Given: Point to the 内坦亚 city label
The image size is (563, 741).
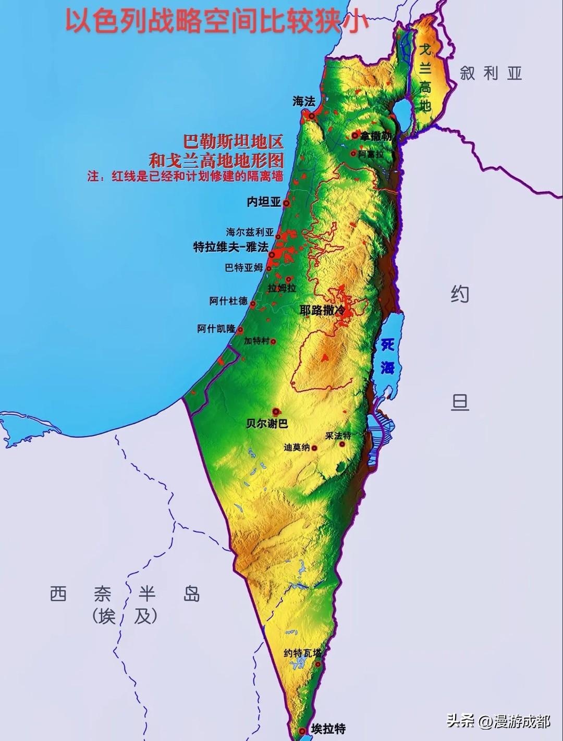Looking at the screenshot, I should tap(264, 202).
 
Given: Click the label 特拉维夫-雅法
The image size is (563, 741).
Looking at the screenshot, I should tap(230, 248).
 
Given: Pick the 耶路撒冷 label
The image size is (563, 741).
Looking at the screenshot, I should tap(322, 310).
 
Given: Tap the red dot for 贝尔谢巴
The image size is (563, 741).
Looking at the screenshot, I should tap(276, 411).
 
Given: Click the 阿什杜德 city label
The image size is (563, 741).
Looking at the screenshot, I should tap(228, 302).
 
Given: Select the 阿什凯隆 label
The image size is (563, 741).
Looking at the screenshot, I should tap(216, 329).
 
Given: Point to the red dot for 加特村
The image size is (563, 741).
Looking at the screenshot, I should tap(273, 342).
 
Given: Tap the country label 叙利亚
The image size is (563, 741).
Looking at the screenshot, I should tap(491, 73).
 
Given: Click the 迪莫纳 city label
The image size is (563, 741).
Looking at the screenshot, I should tap(297, 448).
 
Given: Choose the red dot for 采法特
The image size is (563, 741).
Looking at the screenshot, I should tap(342, 444).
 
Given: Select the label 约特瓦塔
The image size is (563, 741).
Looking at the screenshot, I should tap(303, 653).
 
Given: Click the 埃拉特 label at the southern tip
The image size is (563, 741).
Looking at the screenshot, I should tap(328, 728).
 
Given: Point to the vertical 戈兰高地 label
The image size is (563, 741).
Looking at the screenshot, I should tap(425, 78).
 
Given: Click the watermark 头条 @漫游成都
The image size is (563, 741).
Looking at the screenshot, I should tap(498, 722).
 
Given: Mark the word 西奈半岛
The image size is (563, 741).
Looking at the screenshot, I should tap(125, 594).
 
